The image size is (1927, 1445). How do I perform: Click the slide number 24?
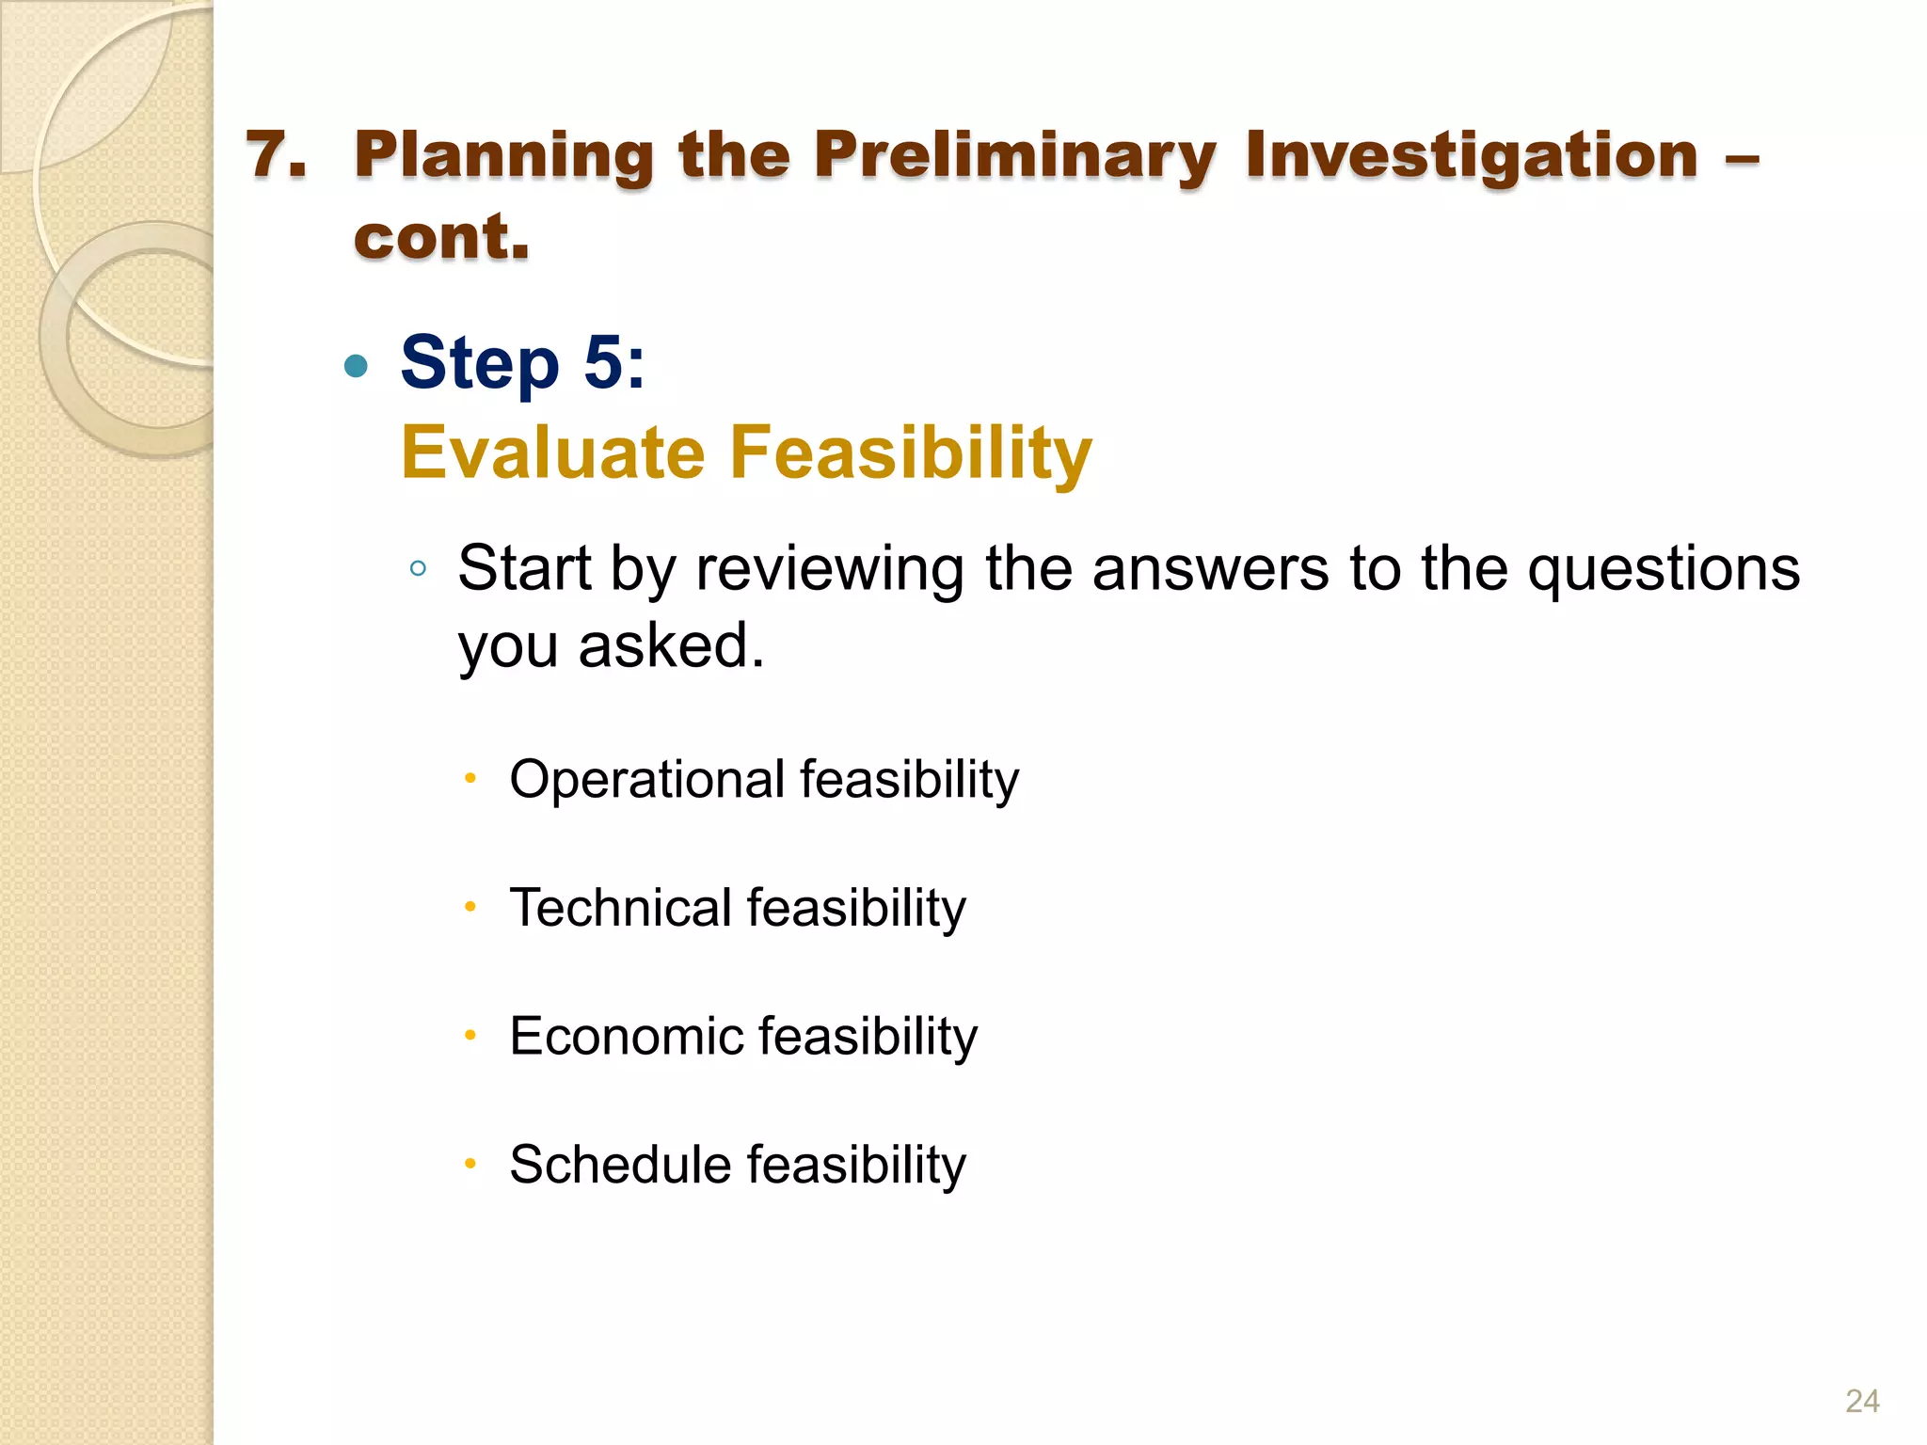1861,1401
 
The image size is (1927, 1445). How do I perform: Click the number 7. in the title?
277,154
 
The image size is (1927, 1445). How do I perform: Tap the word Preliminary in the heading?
1014,156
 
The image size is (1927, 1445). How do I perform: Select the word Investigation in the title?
1472,156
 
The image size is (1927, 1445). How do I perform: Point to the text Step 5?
522,363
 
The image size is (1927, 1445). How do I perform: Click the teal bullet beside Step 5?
356,366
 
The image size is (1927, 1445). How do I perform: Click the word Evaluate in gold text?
553,453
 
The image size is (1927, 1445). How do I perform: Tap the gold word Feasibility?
911,453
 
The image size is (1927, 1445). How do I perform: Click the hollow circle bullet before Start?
419,568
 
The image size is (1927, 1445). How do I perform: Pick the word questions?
1664,570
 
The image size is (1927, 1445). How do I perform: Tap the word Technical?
621,908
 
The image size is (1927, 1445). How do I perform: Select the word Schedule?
620,1165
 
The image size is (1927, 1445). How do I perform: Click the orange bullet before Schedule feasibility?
470,1165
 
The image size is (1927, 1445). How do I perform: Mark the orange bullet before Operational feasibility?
470,779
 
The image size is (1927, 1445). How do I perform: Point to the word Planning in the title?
503,156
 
